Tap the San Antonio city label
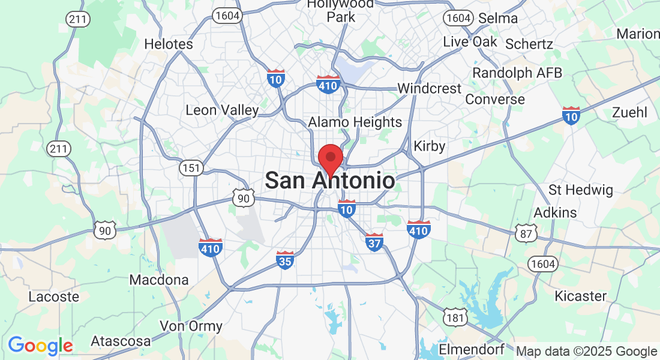(x=330, y=181)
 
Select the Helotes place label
(x=169, y=44)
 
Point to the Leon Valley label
(x=222, y=110)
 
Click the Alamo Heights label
(x=355, y=122)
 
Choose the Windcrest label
(x=430, y=89)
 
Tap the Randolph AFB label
(x=517, y=73)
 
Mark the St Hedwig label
(x=581, y=191)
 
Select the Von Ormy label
(x=191, y=327)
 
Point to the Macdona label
(x=159, y=280)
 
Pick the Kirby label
(x=430, y=146)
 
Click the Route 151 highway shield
(x=191, y=168)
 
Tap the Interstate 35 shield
(x=285, y=260)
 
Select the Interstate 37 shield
(x=374, y=242)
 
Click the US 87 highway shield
(x=526, y=234)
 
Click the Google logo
(x=40, y=346)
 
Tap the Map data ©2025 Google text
(x=587, y=352)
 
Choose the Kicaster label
(x=580, y=296)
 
